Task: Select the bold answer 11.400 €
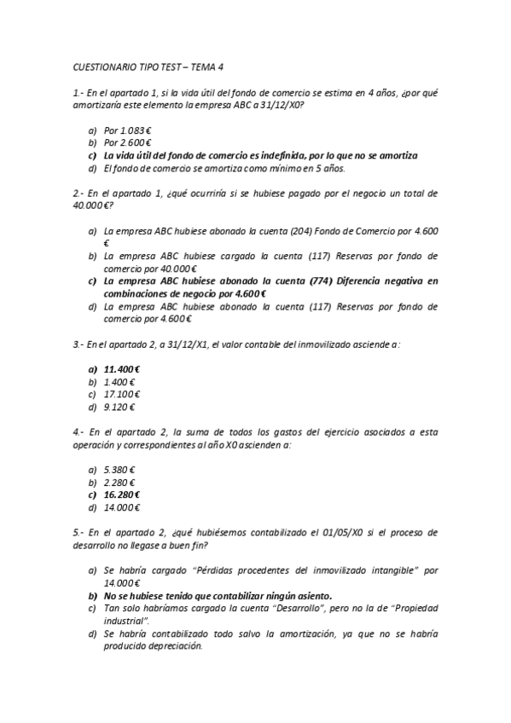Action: coord(122,369)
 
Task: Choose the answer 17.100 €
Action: coord(122,394)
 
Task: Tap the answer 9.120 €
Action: coord(120,407)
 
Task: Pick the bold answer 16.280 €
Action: coord(122,495)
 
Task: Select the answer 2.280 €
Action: coord(120,483)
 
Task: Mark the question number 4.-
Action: coord(78,432)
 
